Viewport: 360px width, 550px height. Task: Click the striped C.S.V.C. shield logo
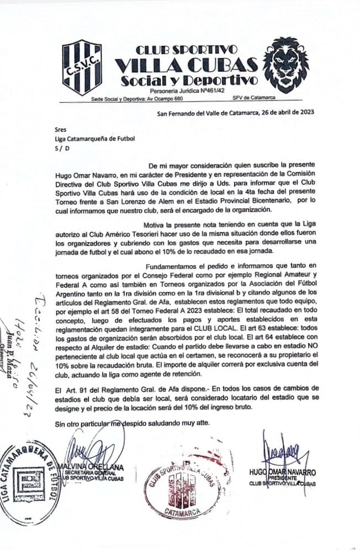81,67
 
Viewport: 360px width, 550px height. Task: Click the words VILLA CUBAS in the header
187,65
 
